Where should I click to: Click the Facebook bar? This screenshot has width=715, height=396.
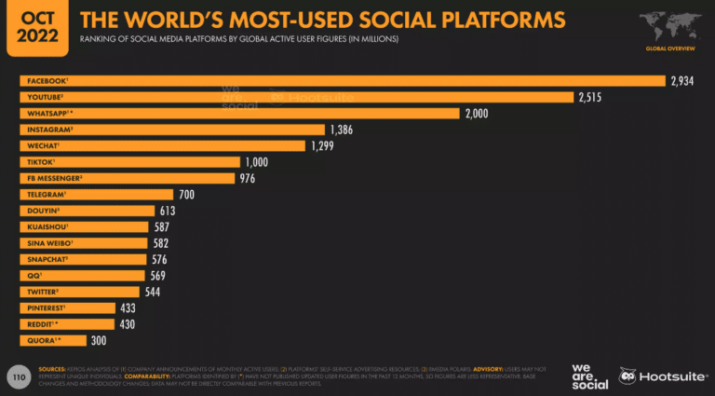tap(341, 81)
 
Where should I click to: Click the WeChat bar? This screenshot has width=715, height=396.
tap(162, 145)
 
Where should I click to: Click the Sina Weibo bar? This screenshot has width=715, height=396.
tap(83, 243)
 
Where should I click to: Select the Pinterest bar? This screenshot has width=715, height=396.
tap(66, 307)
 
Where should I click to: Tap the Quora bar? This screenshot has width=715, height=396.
tap(52, 340)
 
